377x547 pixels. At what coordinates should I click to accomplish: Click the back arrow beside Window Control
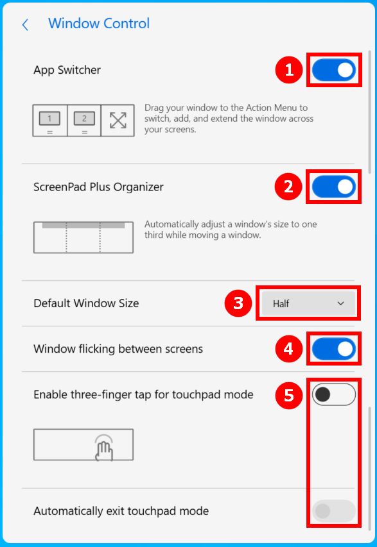tap(25, 25)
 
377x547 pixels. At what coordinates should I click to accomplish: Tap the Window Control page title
tap(99, 24)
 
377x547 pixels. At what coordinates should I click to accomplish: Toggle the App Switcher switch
tap(334, 70)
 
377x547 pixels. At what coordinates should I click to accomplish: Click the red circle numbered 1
tap(289, 70)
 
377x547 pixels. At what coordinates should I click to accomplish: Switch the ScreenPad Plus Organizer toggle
tap(334, 187)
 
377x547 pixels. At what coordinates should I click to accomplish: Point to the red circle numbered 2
tap(288, 187)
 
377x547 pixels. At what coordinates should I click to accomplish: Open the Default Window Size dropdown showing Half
tap(308, 303)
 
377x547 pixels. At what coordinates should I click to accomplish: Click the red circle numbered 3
tap(238, 303)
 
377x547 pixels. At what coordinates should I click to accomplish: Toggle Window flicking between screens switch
tap(334, 349)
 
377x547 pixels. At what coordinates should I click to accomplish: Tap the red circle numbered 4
tap(288, 349)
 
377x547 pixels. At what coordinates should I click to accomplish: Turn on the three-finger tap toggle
tap(334, 394)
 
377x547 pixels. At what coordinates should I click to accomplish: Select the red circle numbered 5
tap(289, 395)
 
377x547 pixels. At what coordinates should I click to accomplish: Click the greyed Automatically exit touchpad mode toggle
tap(334, 511)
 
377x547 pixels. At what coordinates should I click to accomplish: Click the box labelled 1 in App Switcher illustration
tap(49, 121)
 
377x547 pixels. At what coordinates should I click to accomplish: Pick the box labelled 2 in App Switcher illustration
tap(84, 121)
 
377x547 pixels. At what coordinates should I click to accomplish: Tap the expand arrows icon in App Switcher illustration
tap(118, 121)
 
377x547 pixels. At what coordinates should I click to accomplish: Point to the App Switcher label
tap(67, 70)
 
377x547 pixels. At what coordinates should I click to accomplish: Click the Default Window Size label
tap(86, 303)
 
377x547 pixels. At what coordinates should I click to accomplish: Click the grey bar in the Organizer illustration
tap(83, 225)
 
